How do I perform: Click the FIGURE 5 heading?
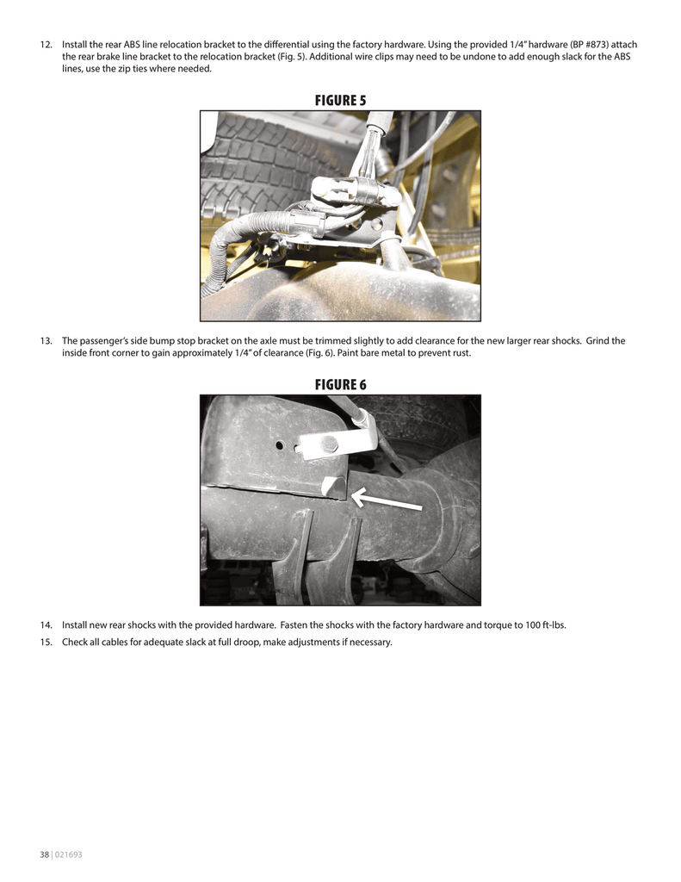point(340,100)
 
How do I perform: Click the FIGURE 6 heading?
point(340,384)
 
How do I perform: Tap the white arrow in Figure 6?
point(387,500)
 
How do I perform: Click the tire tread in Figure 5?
point(250,159)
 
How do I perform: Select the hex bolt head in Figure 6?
point(329,445)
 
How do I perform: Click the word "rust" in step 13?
point(460,353)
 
